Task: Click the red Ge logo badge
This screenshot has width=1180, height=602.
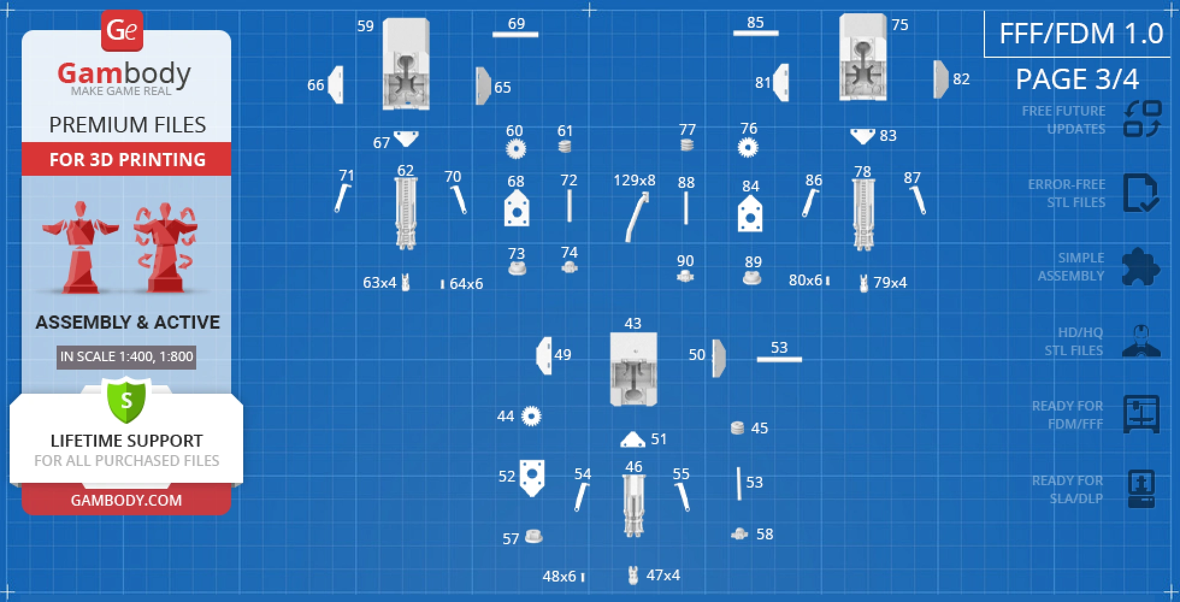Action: [122, 30]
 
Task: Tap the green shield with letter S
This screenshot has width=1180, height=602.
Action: [126, 400]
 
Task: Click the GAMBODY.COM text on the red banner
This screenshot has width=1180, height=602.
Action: [126, 500]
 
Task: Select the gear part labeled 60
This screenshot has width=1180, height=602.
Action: [515, 149]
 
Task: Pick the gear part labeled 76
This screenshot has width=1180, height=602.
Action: [748, 147]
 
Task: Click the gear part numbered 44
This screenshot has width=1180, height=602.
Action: [531, 416]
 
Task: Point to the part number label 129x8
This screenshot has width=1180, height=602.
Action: [635, 180]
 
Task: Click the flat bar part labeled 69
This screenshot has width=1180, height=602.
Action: [515, 34]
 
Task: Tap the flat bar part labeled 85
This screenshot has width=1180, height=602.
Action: [756, 33]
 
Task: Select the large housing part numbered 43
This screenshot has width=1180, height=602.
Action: [633, 369]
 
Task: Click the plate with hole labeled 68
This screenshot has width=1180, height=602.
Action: [517, 208]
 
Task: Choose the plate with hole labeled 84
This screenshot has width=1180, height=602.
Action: [750, 213]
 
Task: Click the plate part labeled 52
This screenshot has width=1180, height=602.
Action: [532, 477]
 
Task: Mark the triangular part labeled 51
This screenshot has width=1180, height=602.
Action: [633, 439]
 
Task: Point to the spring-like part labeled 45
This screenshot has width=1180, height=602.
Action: [737, 428]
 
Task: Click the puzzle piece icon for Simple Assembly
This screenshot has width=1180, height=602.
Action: [1141, 267]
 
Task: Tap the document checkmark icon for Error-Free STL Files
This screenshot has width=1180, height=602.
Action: [1141, 193]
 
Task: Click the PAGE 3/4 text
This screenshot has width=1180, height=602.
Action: [1078, 79]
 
